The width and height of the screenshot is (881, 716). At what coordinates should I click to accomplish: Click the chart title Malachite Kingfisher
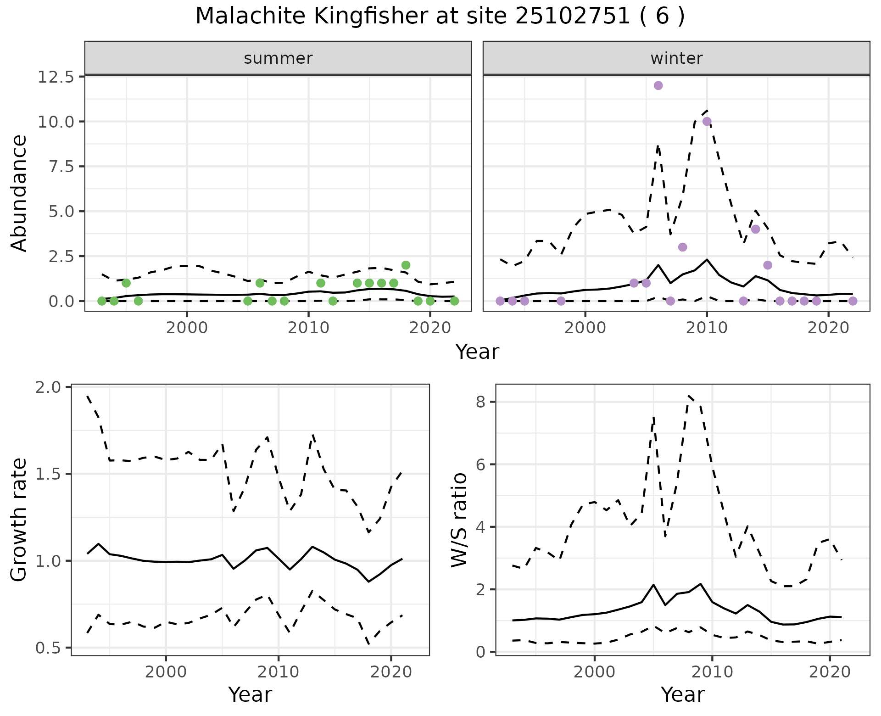(x=440, y=17)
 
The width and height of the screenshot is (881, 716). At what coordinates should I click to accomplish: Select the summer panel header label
(x=278, y=58)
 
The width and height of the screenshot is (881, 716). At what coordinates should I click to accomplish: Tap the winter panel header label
(x=676, y=58)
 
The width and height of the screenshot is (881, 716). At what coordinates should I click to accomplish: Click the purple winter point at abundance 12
(x=658, y=85)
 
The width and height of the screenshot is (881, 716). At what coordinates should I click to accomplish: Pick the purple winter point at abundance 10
(x=707, y=121)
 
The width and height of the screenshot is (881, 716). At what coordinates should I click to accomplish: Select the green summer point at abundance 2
(x=406, y=265)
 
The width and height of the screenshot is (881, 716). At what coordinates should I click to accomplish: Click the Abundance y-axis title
(x=19, y=193)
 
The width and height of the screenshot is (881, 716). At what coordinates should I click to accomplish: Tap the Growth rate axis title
(x=19, y=520)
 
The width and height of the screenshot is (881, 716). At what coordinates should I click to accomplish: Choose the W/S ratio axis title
(x=459, y=520)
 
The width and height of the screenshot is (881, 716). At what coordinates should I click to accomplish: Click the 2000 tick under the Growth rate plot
(x=166, y=672)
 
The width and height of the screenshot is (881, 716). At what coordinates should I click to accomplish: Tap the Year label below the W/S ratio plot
(x=682, y=695)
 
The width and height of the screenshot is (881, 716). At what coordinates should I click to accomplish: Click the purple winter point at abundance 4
(x=756, y=229)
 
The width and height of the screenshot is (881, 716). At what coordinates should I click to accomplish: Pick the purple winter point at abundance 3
(x=682, y=247)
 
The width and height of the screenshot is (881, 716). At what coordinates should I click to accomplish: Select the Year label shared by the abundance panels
(x=477, y=352)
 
